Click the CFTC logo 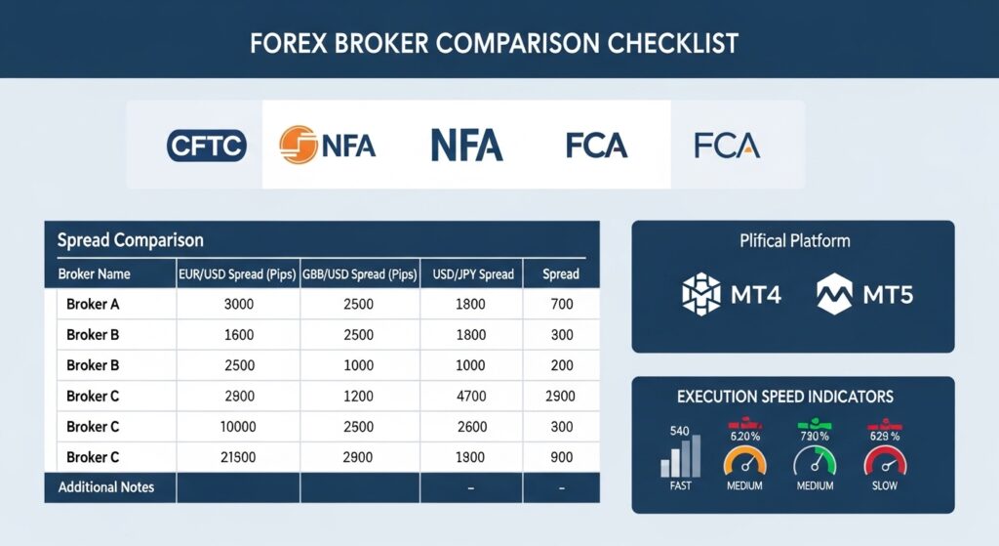coord(207,146)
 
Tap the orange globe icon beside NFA coord(297,145)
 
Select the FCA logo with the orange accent coord(727,146)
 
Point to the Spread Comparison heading coord(130,239)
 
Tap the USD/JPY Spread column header coord(472,273)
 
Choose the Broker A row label coord(93,304)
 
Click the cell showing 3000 coord(238,304)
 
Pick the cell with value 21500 coord(238,457)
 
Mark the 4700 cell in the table coord(471,396)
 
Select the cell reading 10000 coord(238,427)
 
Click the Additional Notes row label coord(105,486)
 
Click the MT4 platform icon coord(699,293)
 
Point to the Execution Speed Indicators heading coord(785,398)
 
